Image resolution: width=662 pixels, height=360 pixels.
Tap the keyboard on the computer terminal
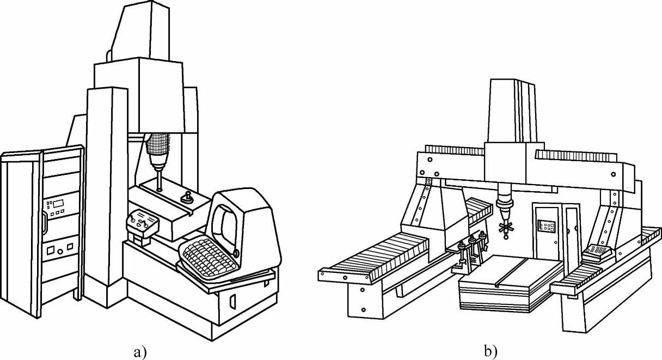[209, 259]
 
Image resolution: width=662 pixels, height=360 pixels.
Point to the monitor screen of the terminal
[224, 222]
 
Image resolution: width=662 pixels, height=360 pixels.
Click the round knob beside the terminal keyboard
[236, 252]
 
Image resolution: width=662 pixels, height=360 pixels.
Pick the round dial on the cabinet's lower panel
[50, 251]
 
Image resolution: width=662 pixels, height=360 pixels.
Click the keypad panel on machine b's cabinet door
[545, 226]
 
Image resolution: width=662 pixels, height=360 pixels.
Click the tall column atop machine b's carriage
[512, 112]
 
